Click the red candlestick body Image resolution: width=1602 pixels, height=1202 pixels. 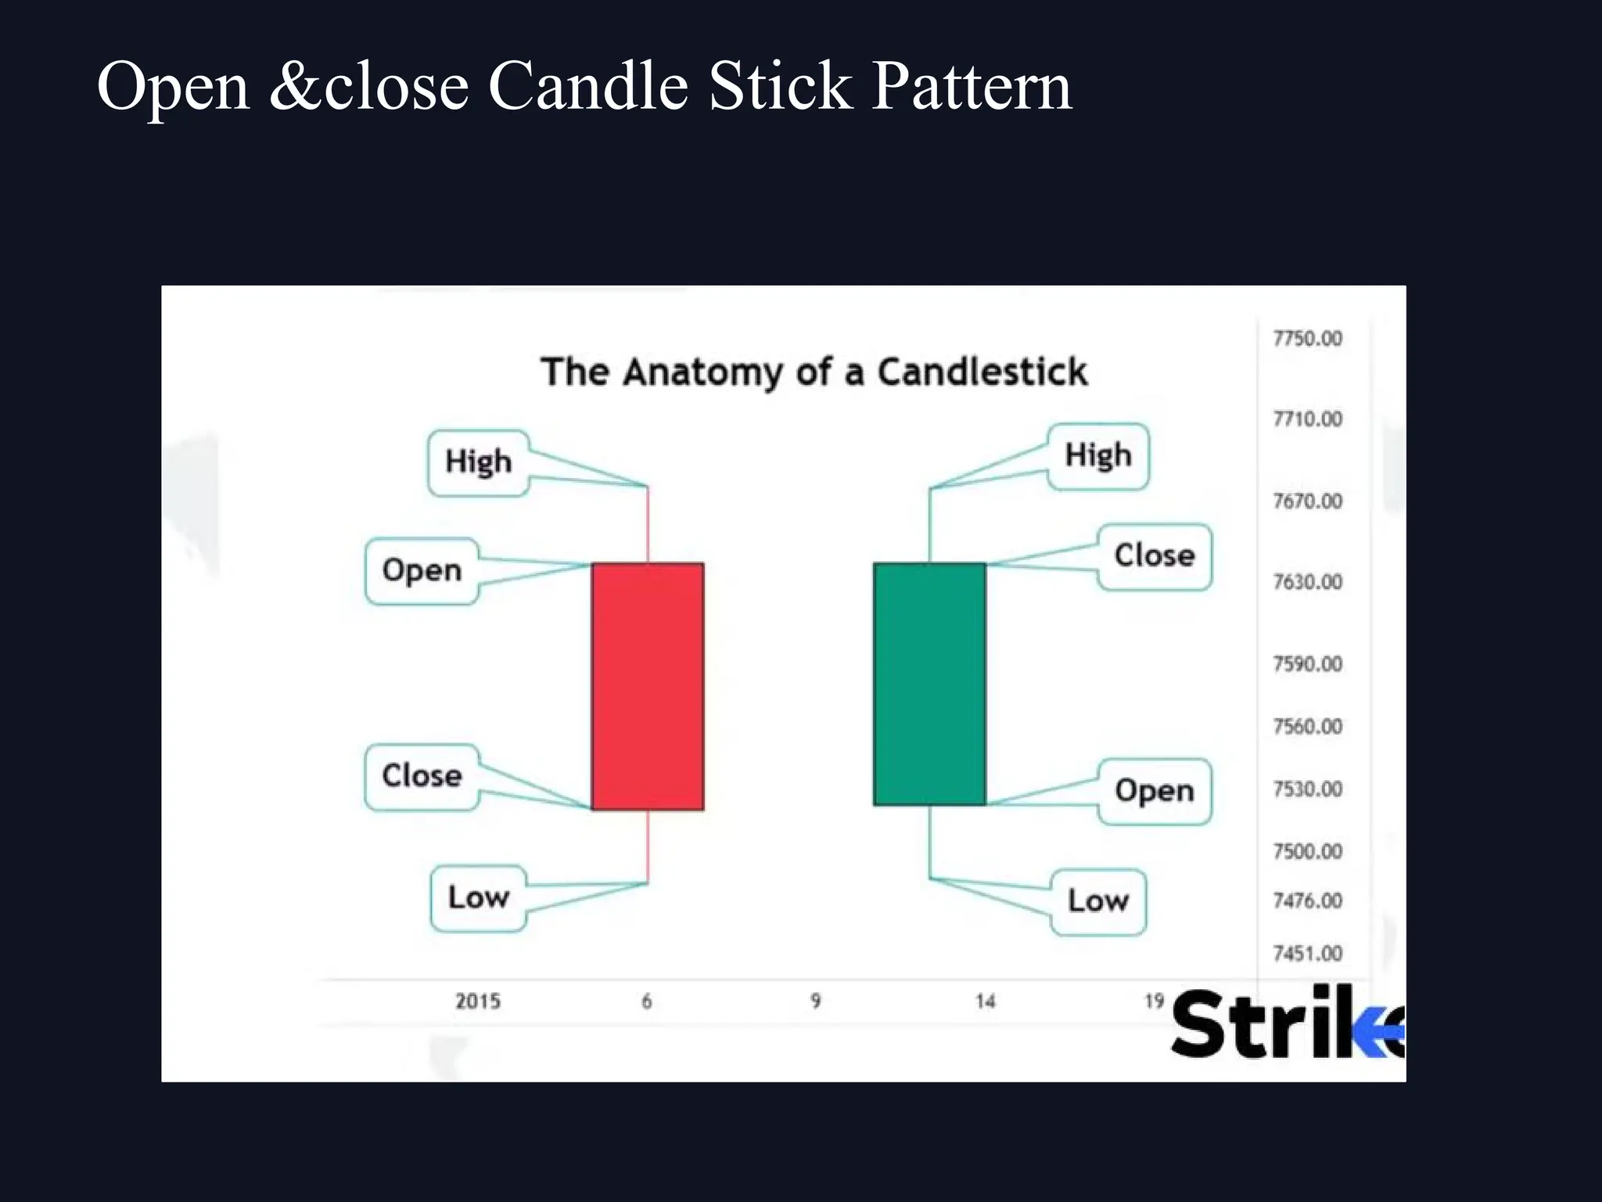click(647, 686)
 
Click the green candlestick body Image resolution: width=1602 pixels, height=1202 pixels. click(929, 684)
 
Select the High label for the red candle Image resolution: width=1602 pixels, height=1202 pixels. click(478, 462)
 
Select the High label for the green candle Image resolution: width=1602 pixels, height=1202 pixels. click(1098, 455)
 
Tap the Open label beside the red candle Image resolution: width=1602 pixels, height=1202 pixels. click(422, 570)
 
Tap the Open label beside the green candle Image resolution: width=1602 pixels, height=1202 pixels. click(1155, 791)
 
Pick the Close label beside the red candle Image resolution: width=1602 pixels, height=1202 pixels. click(422, 776)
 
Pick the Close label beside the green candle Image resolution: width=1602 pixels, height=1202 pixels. click(1155, 556)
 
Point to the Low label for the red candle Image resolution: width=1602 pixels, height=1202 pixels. click(478, 898)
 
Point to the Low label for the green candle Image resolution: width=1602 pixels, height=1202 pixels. click(1098, 901)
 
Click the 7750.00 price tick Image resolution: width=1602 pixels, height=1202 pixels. click(1307, 339)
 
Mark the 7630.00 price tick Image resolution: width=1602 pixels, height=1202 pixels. click(1307, 582)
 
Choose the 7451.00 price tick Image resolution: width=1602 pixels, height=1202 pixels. click(1307, 954)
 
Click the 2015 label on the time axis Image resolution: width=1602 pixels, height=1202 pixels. click(478, 1002)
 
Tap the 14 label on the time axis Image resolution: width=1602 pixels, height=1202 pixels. click(985, 1002)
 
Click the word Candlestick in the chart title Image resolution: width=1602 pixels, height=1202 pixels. click(982, 372)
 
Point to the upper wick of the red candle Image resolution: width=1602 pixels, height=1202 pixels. click(648, 524)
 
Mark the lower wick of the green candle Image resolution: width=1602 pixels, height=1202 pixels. click(929, 842)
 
